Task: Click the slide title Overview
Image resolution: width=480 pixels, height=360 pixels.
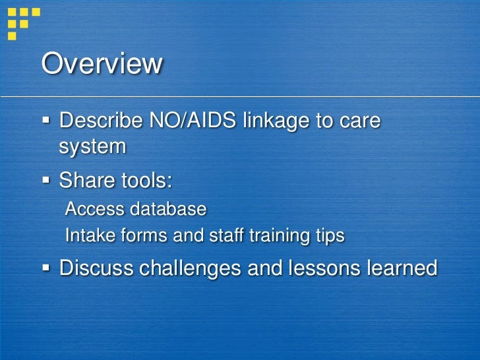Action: click(x=102, y=64)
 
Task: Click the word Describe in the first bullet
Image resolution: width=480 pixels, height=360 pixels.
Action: click(x=100, y=122)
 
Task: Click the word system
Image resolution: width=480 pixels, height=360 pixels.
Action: click(x=92, y=147)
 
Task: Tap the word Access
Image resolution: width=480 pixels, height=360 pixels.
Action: click(x=95, y=209)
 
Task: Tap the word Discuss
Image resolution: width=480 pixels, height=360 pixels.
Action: click(x=96, y=268)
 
